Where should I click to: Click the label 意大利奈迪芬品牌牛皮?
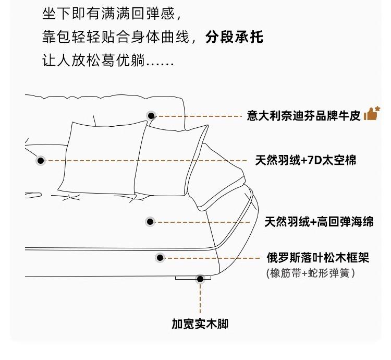(x=304, y=116)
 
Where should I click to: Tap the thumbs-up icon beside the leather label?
(x=372, y=113)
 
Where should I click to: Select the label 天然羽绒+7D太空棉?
(x=306, y=160)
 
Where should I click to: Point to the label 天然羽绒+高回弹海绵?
(x=319, y=222)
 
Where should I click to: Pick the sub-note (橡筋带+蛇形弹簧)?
(x=310, y=273)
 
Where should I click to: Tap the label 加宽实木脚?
(x=200, y=324)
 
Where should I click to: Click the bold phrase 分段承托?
(x=234, y=38)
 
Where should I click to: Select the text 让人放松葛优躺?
(x=93, y=61)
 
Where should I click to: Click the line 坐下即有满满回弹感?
(x=113, y=11)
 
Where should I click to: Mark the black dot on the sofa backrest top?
(x=151, y=115)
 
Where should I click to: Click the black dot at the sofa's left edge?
(x=41, y=161)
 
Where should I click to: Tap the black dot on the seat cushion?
(x=150, y=222)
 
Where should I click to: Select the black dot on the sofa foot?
(x=200, y=279)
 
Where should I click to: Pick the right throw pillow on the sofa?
(x=169, y=159)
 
